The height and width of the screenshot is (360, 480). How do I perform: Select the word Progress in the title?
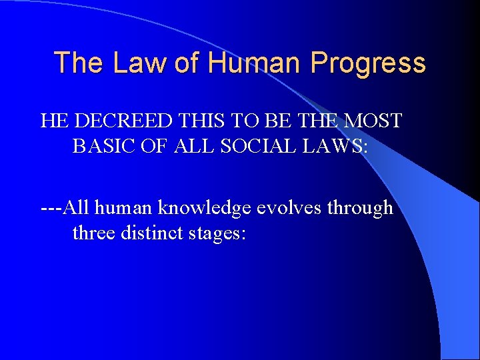click(368, 63)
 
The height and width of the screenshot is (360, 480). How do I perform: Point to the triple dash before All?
click(52, 208)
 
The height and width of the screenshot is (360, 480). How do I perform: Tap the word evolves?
click(283, 208)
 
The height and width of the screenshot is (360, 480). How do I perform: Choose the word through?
click(360, 208)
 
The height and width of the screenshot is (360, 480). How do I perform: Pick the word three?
click(93, 233)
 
